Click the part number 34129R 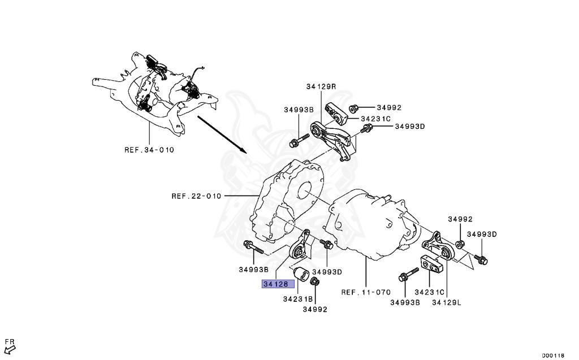(321, 86)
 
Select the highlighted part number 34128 (275, 284)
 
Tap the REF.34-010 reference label (149, 150)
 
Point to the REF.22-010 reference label (196, 196)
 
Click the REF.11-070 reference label (366, 293)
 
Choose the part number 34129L (447, 302)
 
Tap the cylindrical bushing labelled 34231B (302, 274)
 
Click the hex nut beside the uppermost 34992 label (353, 108)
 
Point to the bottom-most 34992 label (314, 309)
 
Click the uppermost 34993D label (409, 127)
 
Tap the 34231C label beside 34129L (429, 293)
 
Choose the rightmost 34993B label (405, 302)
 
